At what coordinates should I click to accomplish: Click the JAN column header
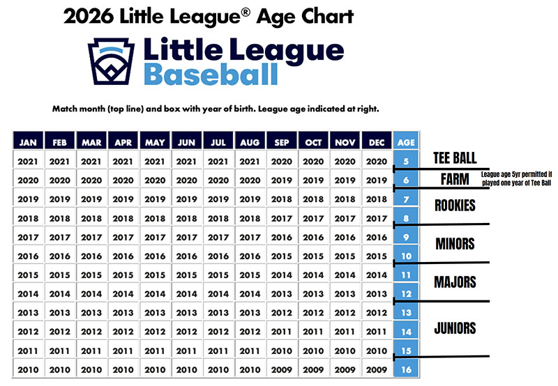29,141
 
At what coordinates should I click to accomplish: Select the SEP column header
282,141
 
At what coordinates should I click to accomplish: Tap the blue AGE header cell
405,141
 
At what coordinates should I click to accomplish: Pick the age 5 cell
405,160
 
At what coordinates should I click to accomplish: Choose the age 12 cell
405,293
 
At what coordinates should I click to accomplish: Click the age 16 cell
405,369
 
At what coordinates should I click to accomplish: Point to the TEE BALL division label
454,156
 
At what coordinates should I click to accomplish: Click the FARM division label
454,180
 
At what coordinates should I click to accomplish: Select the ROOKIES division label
454,206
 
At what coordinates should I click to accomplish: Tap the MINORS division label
455,244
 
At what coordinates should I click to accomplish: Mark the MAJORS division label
455,282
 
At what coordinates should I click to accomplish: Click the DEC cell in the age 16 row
377,369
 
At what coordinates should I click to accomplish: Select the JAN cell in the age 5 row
29,160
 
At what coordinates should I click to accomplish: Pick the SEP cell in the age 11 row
282,275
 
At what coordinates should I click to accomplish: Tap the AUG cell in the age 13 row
250,312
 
